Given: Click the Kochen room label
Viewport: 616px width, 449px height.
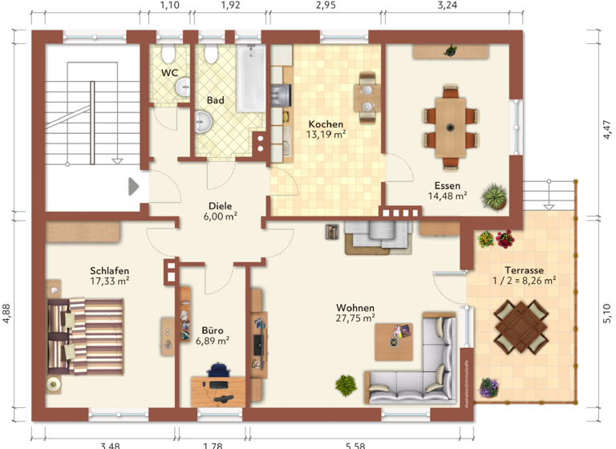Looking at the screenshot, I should tap(326, 124).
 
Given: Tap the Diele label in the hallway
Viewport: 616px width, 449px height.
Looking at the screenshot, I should tap(220, 204).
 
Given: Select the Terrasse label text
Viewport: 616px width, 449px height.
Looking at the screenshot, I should tap(524, 270).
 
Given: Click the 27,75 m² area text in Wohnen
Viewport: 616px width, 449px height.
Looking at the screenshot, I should tap(355, 318).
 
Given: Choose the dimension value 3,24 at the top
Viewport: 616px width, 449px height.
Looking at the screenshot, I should tap(447, 6).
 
